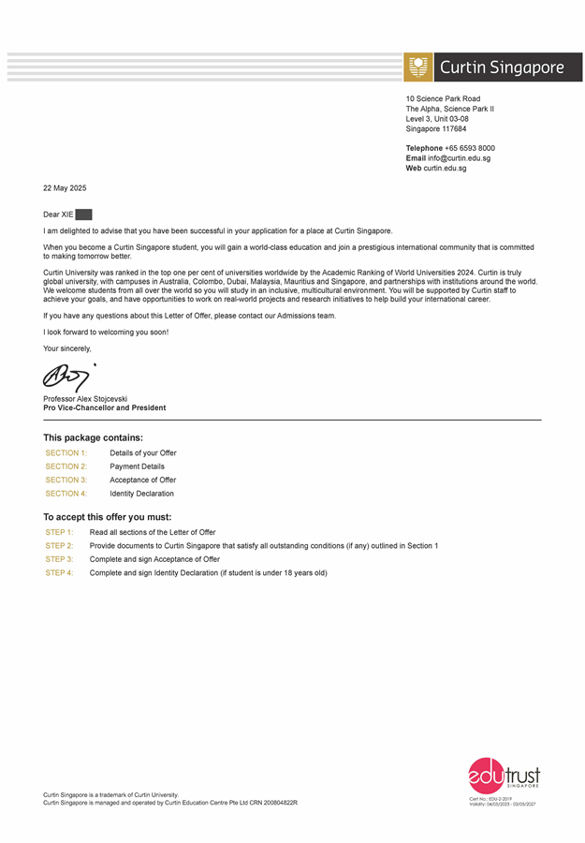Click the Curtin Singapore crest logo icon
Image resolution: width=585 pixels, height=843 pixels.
418,67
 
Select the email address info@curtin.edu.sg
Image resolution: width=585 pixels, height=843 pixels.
460,158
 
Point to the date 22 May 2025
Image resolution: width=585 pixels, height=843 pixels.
65,188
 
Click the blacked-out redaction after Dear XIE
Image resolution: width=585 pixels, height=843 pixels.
83,214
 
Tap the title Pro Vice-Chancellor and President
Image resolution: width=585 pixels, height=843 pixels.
105,408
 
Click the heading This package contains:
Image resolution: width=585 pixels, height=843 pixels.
93,437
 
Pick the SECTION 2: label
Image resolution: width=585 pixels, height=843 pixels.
66,466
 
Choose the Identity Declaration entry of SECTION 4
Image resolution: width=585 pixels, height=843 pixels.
141,494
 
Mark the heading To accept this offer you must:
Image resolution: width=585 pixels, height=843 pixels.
107,516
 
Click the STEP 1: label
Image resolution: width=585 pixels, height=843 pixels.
59,532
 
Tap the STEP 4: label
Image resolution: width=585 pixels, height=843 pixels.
59,573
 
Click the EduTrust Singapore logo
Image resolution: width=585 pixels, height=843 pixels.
504,777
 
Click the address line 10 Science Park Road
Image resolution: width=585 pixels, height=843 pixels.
443,98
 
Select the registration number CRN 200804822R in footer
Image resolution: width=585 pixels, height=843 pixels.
271,803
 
